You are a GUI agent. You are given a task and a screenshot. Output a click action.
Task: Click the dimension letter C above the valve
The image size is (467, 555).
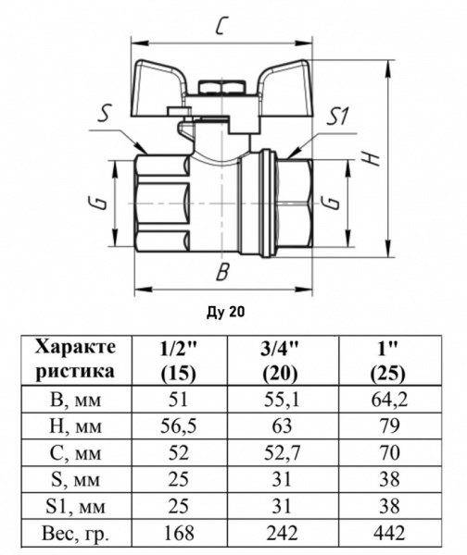point(221,25)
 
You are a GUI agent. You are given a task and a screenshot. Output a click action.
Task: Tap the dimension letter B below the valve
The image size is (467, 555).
point(222,272)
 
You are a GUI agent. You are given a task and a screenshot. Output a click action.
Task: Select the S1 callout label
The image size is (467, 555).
point(338,117)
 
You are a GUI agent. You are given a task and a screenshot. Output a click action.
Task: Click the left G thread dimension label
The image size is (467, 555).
point(101,203)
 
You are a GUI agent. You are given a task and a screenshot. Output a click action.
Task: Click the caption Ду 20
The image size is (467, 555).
point(226,312)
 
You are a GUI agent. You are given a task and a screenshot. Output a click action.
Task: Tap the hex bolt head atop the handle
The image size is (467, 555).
point(222,87)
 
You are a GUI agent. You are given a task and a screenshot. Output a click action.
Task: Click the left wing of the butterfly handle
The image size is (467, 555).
point(158,88)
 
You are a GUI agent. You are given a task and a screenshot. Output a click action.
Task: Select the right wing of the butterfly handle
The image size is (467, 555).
point(285,88)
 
